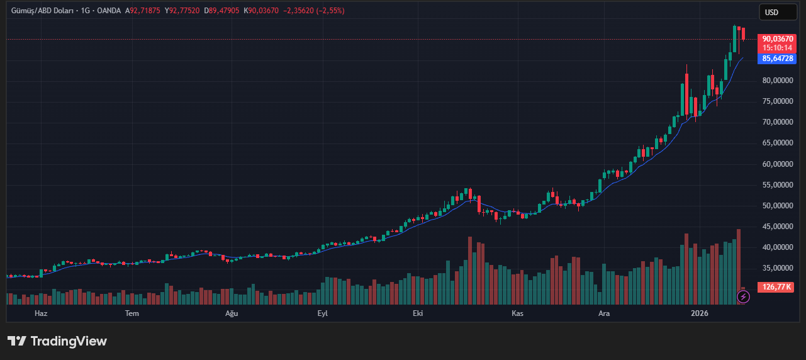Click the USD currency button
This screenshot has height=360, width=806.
coord(771,12)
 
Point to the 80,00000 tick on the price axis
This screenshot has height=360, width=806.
coord(777,81)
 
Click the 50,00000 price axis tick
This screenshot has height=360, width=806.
coord(777,206)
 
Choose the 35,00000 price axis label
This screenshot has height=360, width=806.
coord(777,268)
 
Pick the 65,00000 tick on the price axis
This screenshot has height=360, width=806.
coord(777,143)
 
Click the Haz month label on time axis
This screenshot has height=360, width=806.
coord(41,313)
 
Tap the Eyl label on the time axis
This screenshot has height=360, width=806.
coord(323,313)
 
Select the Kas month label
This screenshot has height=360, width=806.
coord(517,313)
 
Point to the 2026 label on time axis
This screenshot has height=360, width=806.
coord(700,313)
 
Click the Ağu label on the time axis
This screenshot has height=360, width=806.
coord(232,313)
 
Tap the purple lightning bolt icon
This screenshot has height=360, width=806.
coord(744,296)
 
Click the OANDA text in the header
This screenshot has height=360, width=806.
coord(108,11)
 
